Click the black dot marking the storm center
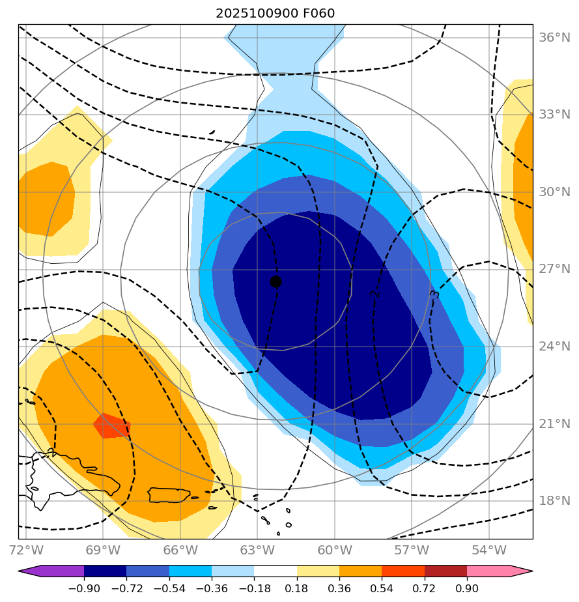[275, 281]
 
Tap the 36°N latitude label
[554, 37]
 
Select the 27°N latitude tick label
[554, 269]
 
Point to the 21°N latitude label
[554, 424]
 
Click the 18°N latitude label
[554, 501]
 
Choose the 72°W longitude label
[26, 550]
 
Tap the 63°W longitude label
[257, 550]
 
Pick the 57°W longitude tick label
[412, 550]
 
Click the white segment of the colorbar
[275, 571]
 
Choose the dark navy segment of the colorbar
[105, 571]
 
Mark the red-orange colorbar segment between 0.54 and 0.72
[402, 571]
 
